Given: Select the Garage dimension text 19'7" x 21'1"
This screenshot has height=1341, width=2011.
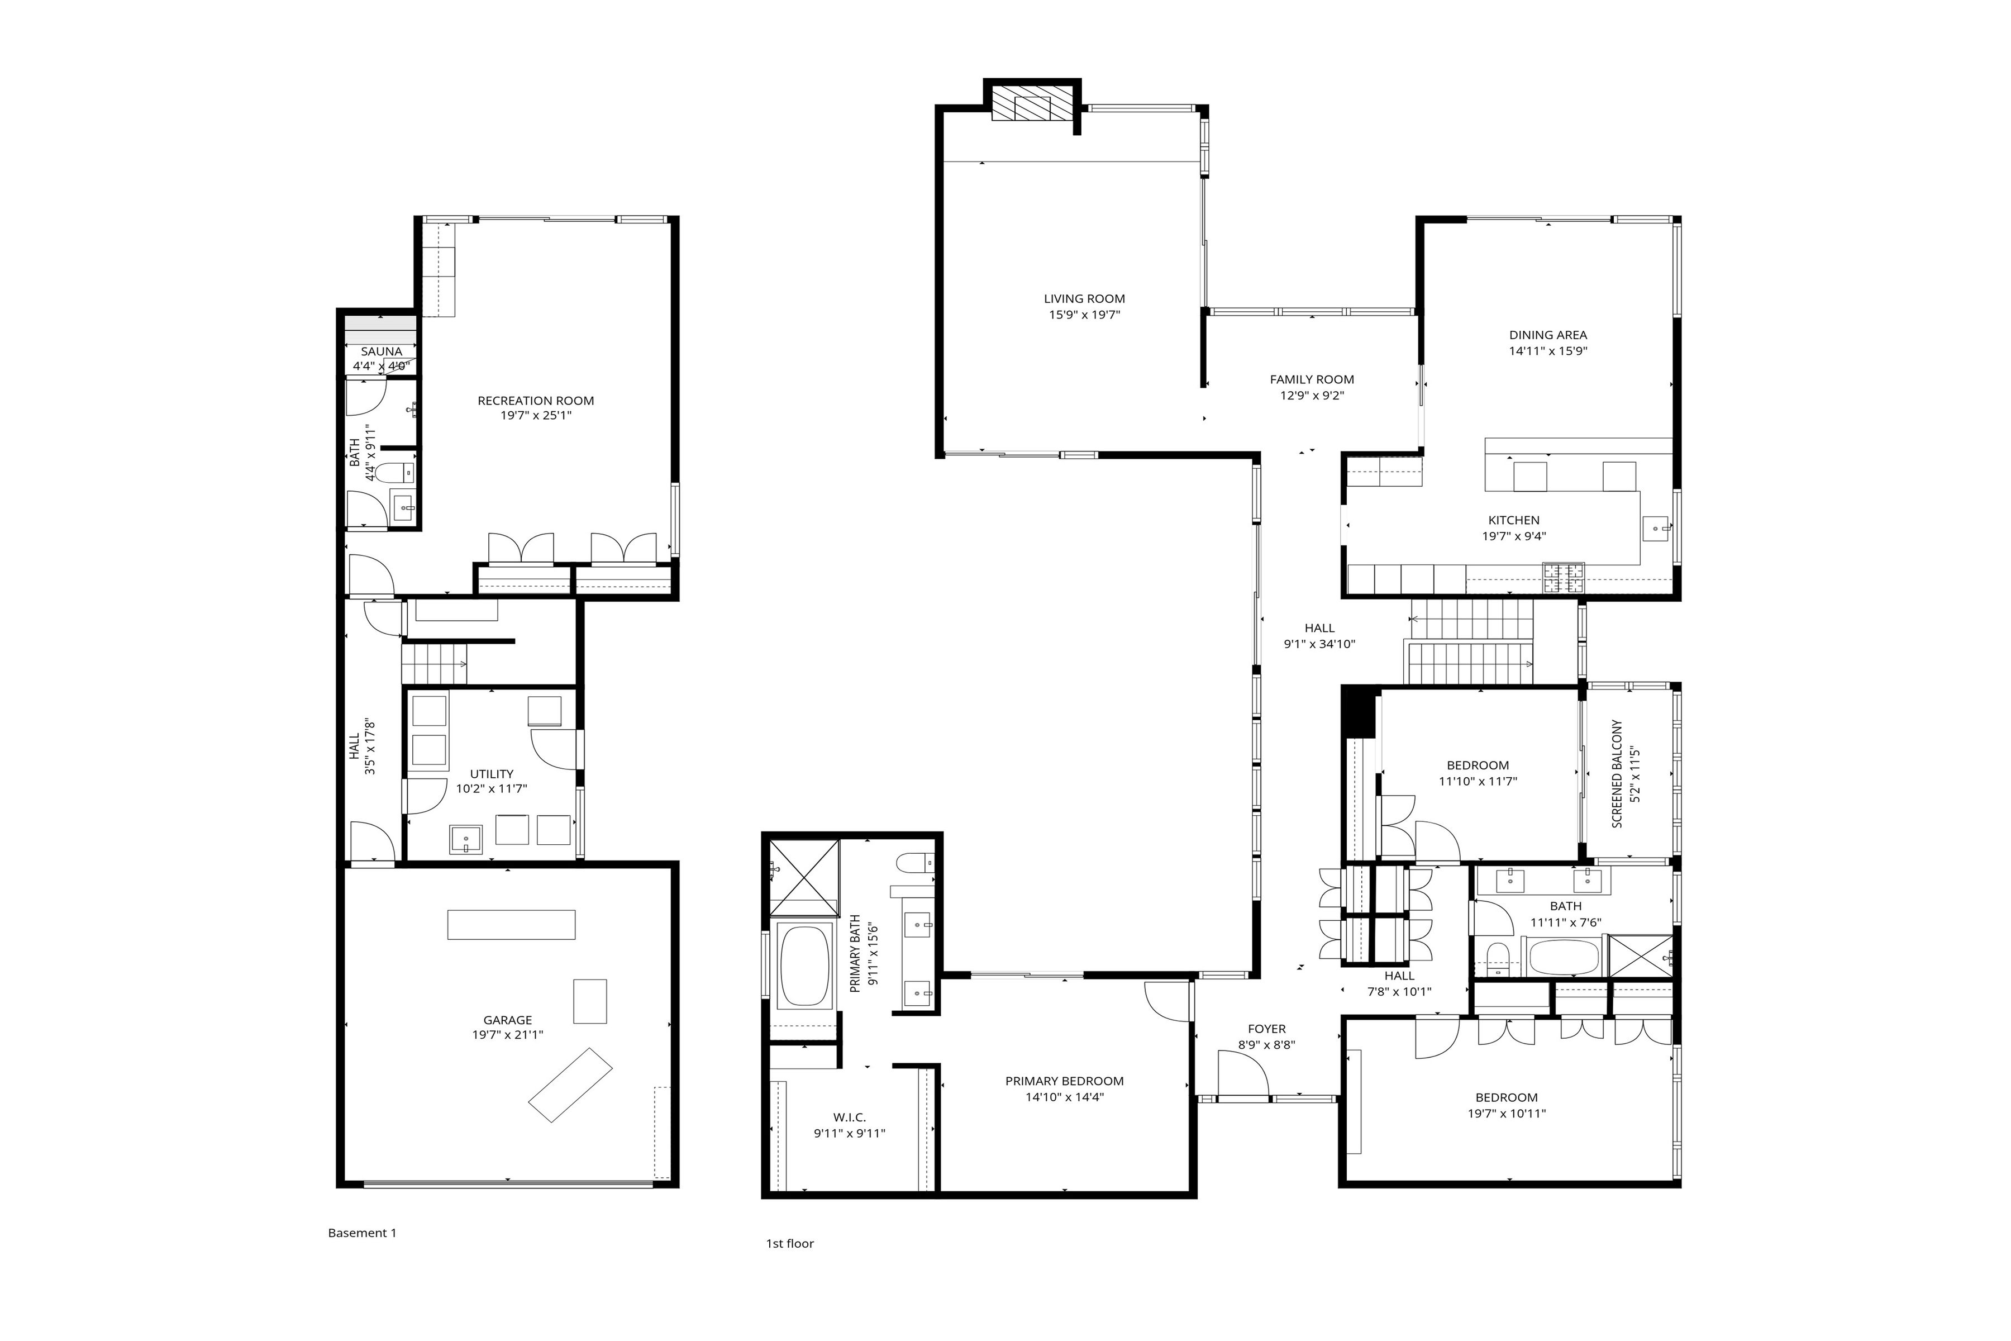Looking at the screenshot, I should [507, 1035].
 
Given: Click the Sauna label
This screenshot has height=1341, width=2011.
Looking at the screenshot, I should [382, 351].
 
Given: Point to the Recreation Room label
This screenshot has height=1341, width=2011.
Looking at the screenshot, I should [535, 400].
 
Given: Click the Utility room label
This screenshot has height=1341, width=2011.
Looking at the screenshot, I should [492, 774].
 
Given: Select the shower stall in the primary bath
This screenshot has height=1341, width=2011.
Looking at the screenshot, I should [804, 877].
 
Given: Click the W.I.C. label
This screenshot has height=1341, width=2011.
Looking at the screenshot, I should [849, 1118].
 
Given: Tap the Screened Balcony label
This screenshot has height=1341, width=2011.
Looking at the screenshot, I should [1617, 773].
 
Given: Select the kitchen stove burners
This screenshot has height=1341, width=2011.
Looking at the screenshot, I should [1563, 578].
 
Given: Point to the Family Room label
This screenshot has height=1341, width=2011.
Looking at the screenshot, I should [1312, 380].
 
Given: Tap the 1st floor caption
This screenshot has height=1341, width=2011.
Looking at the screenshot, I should [789, 1244].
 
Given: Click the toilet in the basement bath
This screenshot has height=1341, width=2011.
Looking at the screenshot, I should [396, 472].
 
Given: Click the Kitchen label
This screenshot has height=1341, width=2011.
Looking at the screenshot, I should [1513, 520].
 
